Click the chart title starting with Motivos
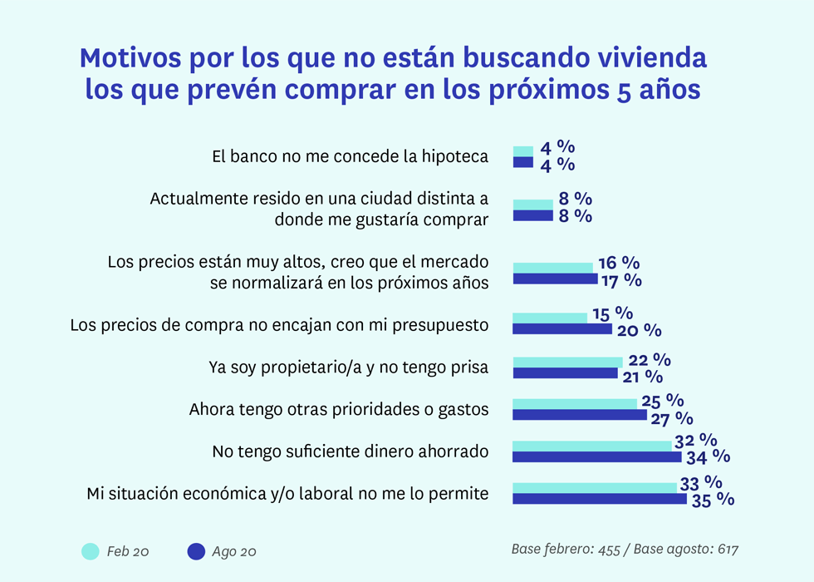click(x=393, y=74)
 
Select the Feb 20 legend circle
click(x=90, y=551)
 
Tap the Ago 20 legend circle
click(x=196, y=551)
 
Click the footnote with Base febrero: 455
click(x=625, y=550)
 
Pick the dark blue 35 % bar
click(x=599, y=499)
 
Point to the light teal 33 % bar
click(x=595, y=487)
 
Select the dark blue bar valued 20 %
click(x=562, y=329)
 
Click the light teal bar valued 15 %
click(x=550, y=318)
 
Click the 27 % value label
click(x=672, y=417)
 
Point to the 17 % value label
click(x=620, y=280)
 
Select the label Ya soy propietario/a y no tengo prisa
click(x=347, y=367)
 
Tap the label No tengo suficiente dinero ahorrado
click(x=350, y=451)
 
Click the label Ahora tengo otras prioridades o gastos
click(x=338, y=409)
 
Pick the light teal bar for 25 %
click(x=575, y=403)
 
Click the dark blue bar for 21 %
click(x=565, y=373)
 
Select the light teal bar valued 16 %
click(x=553, y=268)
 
